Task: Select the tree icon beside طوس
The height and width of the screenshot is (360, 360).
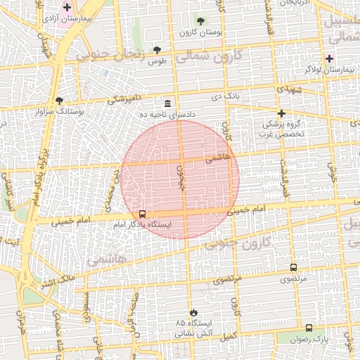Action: (156, 50)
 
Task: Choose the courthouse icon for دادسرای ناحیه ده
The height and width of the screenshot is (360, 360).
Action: (167, 103)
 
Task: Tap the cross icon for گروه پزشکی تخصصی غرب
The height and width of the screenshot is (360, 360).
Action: (281, 113)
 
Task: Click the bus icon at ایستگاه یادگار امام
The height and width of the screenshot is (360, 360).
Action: (143, 214)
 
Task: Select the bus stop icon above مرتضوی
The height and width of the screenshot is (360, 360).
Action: (293, 267)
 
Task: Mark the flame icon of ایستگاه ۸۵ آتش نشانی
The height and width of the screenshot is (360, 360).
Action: (193, 311)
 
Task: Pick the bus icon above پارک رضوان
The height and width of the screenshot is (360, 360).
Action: (309, 328)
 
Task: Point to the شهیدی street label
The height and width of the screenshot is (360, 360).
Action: (290, 90)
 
